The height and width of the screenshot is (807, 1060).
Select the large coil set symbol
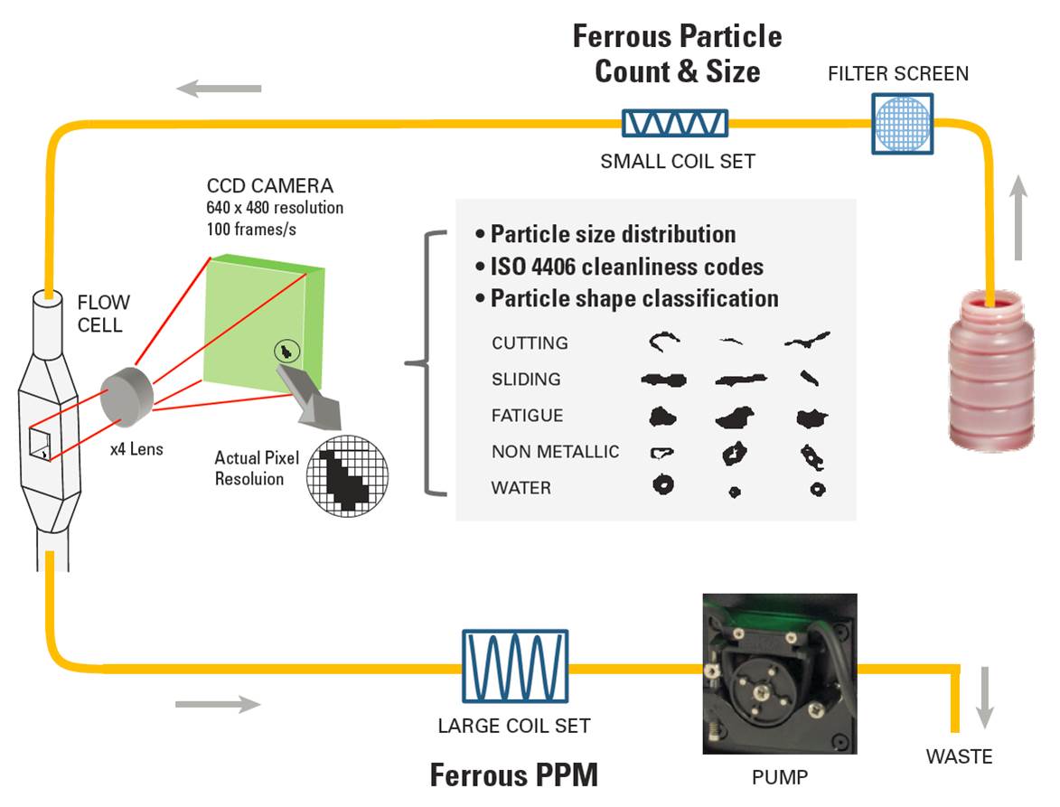pyautogui.click(x=515, y=666)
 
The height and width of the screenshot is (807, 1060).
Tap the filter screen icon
pyautogui.click(x=900, y=123)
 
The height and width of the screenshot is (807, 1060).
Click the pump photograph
pyautogui.click(x=779, y=673)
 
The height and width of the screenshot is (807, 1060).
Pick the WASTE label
pyautogui.click(x=959, y=756)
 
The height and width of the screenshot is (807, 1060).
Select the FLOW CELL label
pyautogui.click(x=103, y=314)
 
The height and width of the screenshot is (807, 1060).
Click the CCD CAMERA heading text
pyautogui.click(x=270, y=187)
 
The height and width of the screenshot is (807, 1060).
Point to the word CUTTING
pyautogui.click(x=530, y=343)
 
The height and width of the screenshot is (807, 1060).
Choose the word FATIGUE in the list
pyautogui.click(x=527, y=416)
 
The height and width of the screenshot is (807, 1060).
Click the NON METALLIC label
pyautogui.click(x=555, y=452)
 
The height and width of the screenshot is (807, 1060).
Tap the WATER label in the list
pyautogui.click(x=521, y=488)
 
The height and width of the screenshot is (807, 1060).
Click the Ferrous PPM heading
pyautogui.click(x=513, y=775)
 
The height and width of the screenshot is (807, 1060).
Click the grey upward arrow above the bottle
pyautogui.click(x=1018, y=218)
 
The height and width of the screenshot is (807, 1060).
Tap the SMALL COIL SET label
pyautogui.click(x=677, y=162)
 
